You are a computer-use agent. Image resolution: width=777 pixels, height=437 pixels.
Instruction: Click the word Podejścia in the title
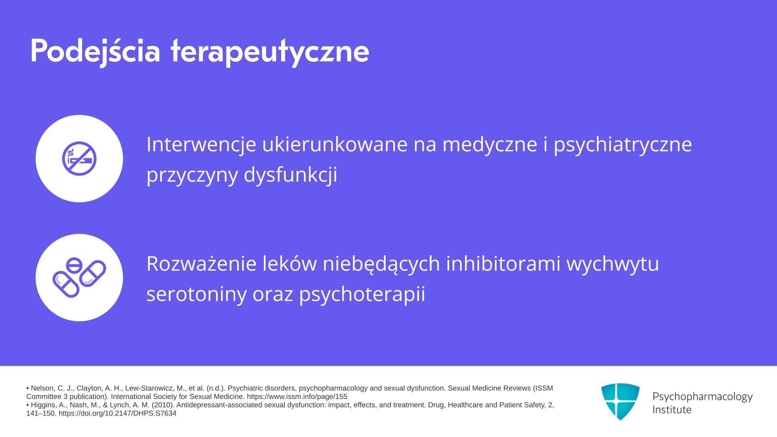tap(96, 51)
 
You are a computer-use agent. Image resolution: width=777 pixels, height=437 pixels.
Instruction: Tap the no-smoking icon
tap(79, 159)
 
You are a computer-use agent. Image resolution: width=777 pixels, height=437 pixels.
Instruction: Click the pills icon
tap(79, 278)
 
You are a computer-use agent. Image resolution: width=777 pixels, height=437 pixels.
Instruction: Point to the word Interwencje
tap(201, 144)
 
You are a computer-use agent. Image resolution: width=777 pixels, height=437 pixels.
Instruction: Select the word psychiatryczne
tap(623, 145)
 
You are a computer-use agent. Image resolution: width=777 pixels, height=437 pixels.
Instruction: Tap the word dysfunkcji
tap(290, 175)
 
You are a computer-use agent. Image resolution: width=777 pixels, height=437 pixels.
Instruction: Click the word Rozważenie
tap(202, 263)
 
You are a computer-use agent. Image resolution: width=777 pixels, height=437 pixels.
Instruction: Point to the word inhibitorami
tap(503, 263)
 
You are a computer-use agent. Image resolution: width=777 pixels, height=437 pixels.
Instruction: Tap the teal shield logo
tap(620, 401)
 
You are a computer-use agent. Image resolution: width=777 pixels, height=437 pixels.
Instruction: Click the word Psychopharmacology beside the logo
tap(703, 397)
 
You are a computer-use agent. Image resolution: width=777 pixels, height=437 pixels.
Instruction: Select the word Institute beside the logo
tap(672, 409)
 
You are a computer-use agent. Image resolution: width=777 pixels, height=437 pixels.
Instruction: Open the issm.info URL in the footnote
tap(297, 397)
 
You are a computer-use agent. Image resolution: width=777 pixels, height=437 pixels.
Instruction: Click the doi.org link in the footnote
tap(117, 413)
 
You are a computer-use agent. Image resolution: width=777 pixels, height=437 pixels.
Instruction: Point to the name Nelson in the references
tap(42, 388)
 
